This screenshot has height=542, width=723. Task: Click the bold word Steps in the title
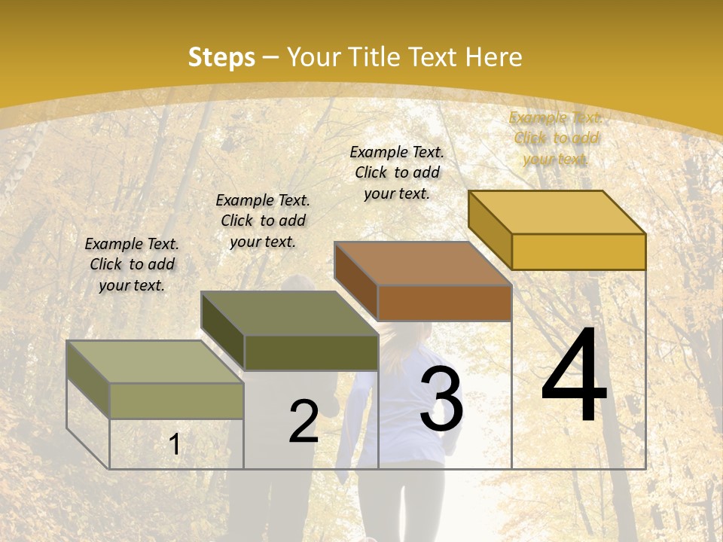(221, 57)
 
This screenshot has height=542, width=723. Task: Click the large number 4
(574, 376)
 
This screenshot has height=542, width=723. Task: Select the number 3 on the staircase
(441, 400)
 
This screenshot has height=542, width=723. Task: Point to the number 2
(304, 421)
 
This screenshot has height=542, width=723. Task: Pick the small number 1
(175, 445)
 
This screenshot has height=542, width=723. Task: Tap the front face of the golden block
(578, 251)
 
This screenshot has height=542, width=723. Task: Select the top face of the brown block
(423, 263)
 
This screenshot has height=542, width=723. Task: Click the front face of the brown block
(444, 303)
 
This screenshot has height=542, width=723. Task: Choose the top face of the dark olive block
(289, 313)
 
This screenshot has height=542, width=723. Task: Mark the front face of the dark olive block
(311, 352)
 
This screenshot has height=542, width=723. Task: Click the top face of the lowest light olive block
(154, 362)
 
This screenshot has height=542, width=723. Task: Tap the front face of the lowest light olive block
(177, 400)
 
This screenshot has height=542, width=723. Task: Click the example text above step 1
(132, 264)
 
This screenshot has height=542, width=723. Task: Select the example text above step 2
(263, 221)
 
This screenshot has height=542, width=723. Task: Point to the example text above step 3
(397, 172)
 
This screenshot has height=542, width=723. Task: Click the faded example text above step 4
(556, 138)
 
